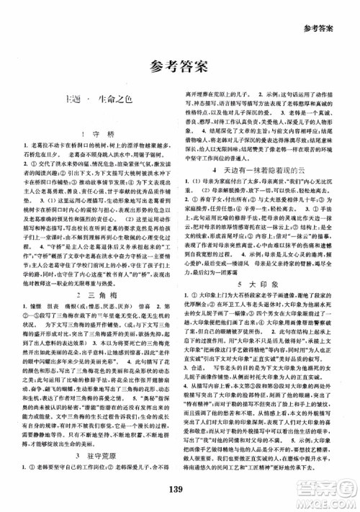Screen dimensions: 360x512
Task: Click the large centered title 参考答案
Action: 179,66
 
